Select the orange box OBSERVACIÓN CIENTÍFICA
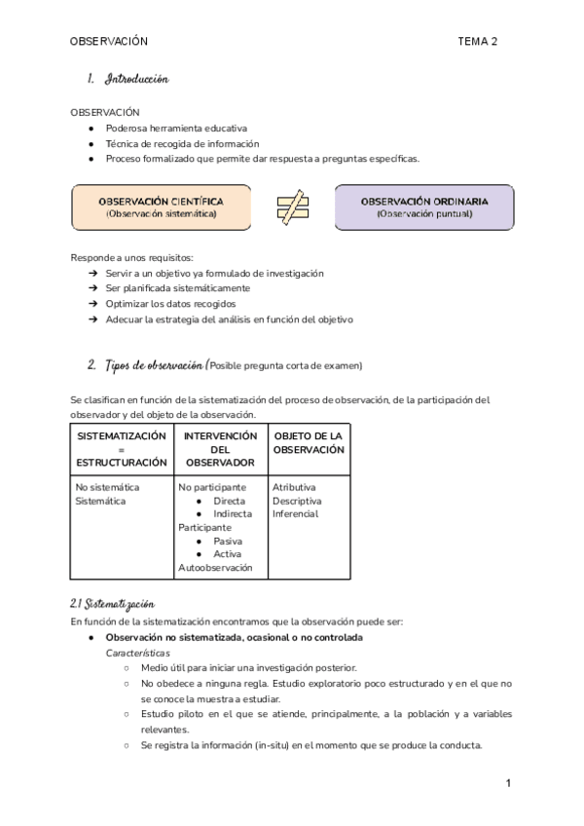[x=161, y=207]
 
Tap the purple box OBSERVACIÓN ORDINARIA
[x=423, y=207]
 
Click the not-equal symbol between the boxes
[x=291, y=207]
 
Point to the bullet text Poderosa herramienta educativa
[x=176, y=128]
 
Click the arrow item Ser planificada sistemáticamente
[x=178, y=288]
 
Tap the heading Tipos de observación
[x=146, y=365]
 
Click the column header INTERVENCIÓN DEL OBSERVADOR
[x=220, y=449]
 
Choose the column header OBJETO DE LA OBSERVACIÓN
[x=309, y=442]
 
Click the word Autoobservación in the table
[x=215, y=567]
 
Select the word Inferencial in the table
[x=295, y=513]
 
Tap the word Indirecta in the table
[x=233, y=513]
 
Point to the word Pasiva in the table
[x=228, y=541]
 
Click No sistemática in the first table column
[x=107, y=486]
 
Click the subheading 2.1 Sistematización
[x=112, y=605]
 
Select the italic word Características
[x=137, y=653]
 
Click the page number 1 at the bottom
[x=508, y=782]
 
